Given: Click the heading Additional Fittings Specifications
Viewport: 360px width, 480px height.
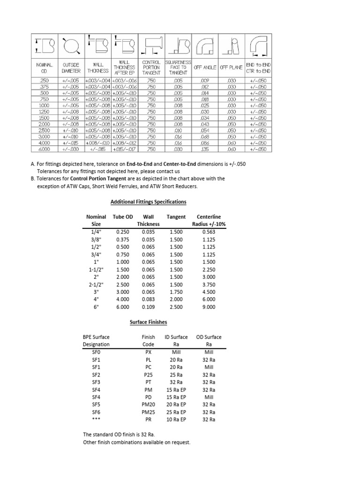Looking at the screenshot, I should tap(148, 202).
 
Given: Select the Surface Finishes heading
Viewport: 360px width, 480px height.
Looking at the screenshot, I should tap(148, 322).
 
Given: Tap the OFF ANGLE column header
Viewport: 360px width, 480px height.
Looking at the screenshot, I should tap(204, 67).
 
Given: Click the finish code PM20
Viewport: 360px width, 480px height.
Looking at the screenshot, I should tap(149, 404).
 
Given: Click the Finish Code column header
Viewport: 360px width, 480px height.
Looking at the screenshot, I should tap(149, 340).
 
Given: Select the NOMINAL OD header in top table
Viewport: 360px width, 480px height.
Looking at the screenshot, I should tap(44, 67).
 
